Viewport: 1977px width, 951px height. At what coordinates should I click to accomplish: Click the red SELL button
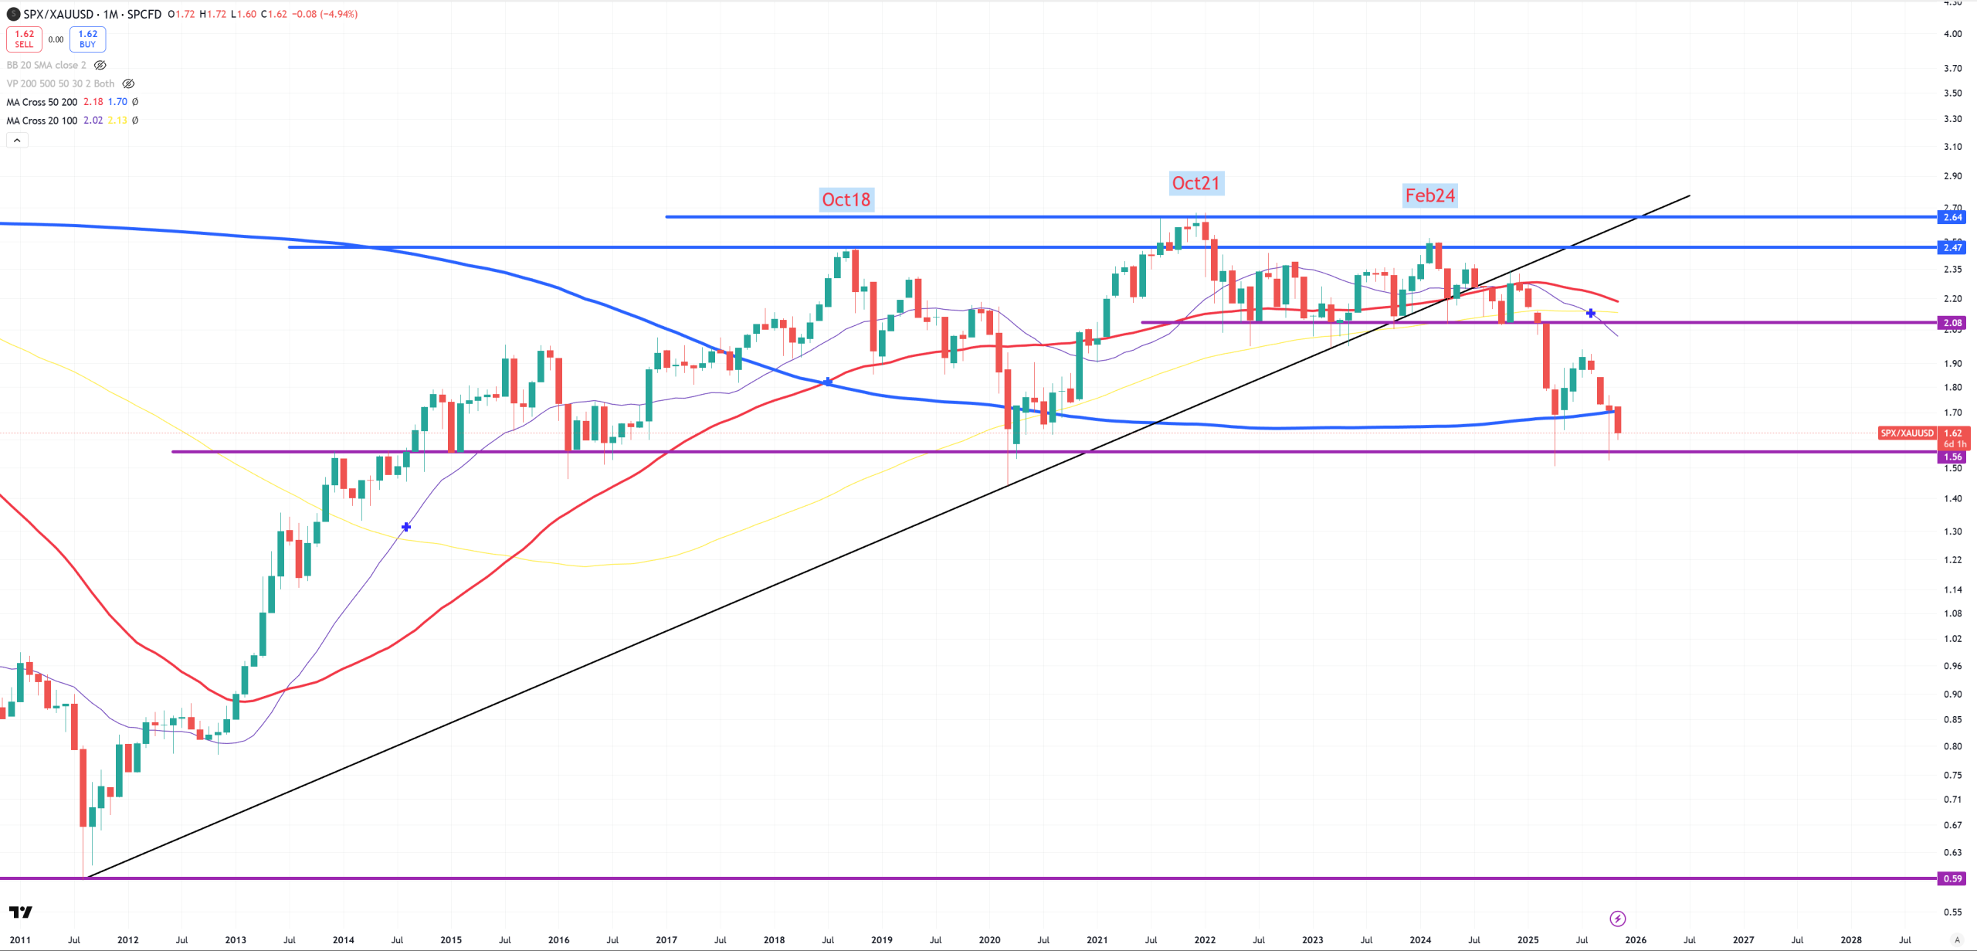tap(24, 39)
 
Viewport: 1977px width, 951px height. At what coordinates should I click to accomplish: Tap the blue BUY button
tap(87, 39)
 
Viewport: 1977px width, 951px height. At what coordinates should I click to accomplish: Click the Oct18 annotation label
tap(846, 199)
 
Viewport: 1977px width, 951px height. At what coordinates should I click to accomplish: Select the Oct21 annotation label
tap(1195, 183)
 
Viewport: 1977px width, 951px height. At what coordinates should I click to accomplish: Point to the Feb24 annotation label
tap(1429, 195)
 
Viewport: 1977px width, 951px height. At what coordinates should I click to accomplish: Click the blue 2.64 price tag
tap(1952, 217)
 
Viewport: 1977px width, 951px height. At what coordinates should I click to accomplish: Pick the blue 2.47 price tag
tap(1952, 247)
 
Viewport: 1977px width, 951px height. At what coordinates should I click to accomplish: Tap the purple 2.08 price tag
tap(1952, 323)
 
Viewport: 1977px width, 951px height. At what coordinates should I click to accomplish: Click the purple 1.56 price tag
tap(1952, 457)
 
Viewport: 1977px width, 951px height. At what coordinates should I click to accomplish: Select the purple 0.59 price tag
tap(1952, 878)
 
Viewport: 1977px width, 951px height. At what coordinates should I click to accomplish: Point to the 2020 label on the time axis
tap(989, 940)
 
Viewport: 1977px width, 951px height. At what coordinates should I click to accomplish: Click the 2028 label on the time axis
tap(1851, 940)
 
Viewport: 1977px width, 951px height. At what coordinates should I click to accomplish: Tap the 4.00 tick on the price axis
tap(1952, 33)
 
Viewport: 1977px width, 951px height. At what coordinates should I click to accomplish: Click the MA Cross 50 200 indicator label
tap(42, 102)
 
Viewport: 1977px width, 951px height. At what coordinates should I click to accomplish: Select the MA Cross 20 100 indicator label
tap(42, 121)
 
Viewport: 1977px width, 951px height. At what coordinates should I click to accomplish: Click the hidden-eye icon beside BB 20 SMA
tap(100, 65)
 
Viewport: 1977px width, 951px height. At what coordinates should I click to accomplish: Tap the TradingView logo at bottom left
tap(21, 912)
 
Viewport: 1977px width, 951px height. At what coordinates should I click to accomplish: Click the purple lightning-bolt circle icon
tap(1617, 919)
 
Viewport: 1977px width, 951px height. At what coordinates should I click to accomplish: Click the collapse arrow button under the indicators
tap(17, 140)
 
